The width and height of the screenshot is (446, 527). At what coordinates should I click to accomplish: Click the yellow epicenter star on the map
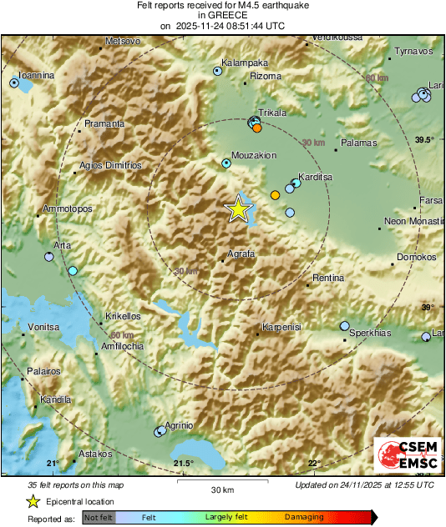click(240, 209)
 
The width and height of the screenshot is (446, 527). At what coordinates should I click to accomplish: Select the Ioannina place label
click(37, 75)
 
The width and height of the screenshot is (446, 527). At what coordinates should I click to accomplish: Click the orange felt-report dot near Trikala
click(257, 128)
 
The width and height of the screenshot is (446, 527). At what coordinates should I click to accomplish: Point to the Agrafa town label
click(241, 254)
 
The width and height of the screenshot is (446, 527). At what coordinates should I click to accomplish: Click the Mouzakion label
click(254, 155)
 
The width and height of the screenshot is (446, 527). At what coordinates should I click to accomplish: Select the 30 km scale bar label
click(222, 489)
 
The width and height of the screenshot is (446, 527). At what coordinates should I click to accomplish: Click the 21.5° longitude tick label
click(183, 464)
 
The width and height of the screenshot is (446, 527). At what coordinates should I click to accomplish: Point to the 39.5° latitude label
click(425, 139)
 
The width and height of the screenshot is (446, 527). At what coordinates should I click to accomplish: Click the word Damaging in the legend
click(304, 517)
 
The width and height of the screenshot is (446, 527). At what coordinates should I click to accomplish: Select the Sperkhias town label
click(370, 333)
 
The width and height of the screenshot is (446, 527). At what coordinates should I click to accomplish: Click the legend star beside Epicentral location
click(33, 502)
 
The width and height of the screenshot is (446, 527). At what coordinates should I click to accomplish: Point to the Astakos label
click(94, 454)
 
